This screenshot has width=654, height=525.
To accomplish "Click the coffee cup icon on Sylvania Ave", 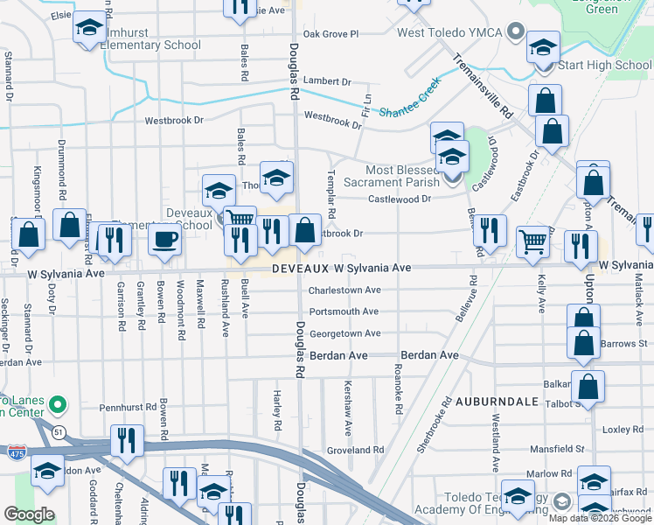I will [x=165, y=240].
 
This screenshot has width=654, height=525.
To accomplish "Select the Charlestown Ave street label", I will [x=344, y=290].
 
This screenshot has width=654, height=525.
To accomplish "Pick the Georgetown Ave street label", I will [x=344, y=333].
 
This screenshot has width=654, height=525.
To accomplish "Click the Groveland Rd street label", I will [x=355, y=450].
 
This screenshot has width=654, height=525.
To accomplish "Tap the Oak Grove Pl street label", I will [x=330, y=34].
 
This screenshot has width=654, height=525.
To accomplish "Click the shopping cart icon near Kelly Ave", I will [x=532, y=241].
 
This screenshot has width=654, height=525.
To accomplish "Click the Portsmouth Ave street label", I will [x=344, y=311].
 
